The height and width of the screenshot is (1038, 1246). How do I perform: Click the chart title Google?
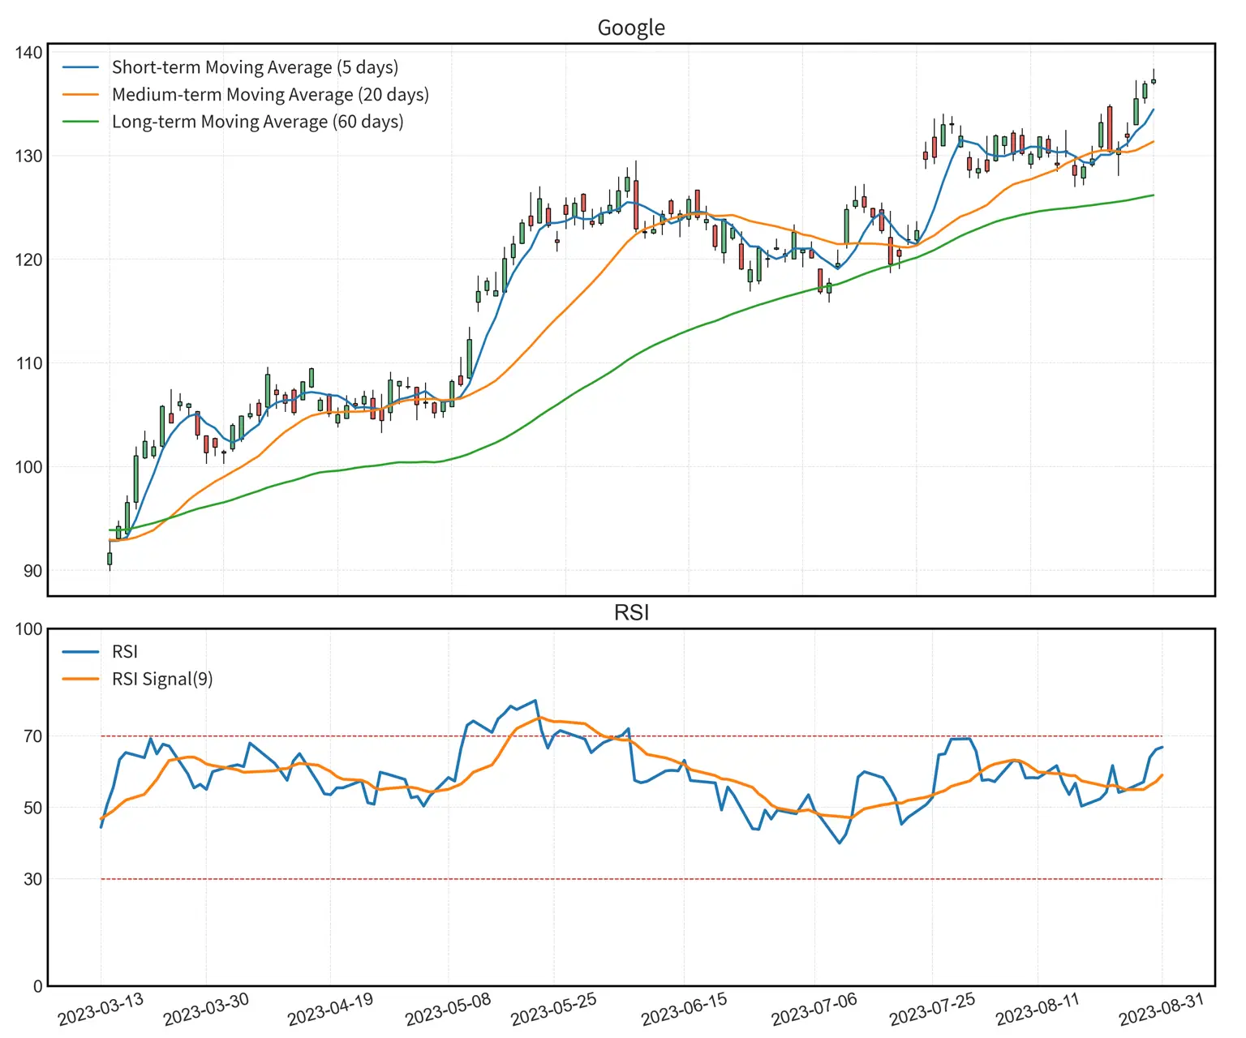[x=630, y=28]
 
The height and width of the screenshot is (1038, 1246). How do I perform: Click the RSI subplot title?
[x=630, y=612]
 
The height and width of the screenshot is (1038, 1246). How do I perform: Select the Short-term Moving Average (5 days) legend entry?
[x=254, y=67]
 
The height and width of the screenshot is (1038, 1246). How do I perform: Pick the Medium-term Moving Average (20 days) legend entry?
[x=269, y=95]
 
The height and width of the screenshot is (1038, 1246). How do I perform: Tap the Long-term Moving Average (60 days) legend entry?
[x=256, y=122]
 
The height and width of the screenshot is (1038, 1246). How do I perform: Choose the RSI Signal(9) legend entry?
[x=161, y=679]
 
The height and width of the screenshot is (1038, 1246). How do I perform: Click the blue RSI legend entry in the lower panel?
[x=124, y=652]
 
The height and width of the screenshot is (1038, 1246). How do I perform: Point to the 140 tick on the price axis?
[x=28, y=53]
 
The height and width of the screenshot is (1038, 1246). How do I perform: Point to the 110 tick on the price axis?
[x=28, y=363]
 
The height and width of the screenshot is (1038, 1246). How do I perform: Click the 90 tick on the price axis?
[x=32, y=571]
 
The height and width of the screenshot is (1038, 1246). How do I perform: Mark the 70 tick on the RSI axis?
[x=32, y=736]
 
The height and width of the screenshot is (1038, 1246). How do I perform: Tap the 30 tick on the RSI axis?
[x=32, y=879]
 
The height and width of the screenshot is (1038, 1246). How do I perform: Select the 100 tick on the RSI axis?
[x=28, y=629]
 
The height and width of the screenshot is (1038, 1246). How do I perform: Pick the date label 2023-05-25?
[x=553, y=1010]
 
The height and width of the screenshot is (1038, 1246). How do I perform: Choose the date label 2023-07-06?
[x=814, y=1010]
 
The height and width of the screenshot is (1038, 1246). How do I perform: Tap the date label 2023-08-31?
[x=1161, y=1010]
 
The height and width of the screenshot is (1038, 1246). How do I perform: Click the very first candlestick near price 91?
[x=110, y=559]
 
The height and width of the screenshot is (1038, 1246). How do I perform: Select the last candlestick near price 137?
[x=1154, y=81]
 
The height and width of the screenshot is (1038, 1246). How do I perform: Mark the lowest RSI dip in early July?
[x=840, y=843]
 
